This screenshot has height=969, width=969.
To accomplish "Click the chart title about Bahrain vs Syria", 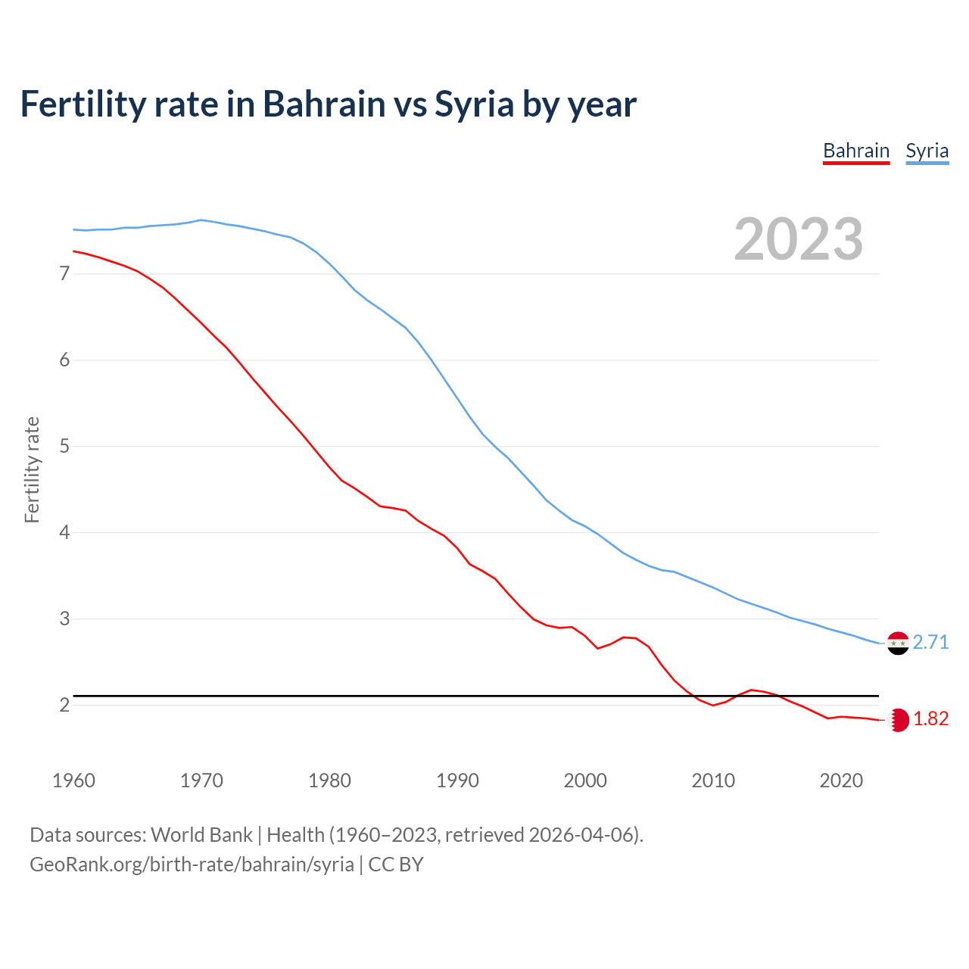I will tap(328, 104).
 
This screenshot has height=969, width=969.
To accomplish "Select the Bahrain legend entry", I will tap(856, 151).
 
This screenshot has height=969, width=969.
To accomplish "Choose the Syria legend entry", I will tap(927, 151).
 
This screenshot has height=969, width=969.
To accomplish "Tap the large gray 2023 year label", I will tap(798, 239).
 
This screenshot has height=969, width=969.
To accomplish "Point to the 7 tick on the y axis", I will tap(64, 273).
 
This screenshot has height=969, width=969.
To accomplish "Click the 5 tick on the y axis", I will tap(64, 446).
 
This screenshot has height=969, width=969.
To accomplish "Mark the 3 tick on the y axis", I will tap(64, 618).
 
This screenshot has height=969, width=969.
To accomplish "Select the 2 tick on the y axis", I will tap(64, 705).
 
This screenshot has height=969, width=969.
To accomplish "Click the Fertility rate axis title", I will tap(32, 469).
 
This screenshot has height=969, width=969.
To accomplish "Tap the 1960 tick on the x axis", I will tap(73, 780).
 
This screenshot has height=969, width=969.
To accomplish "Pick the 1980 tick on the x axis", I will tap(329, 780).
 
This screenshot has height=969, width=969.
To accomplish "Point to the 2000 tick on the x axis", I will tap(585, 780).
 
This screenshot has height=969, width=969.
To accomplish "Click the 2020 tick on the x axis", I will tap(841, 780).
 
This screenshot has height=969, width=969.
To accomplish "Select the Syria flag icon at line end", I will tap(898, 643).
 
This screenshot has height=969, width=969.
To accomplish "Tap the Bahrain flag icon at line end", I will tap(898, 720).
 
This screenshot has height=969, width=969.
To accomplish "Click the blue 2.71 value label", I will tap(930, 643).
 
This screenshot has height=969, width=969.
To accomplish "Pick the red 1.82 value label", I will tap(930, 719).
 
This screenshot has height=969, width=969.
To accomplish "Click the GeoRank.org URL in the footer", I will tap(192, 865).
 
